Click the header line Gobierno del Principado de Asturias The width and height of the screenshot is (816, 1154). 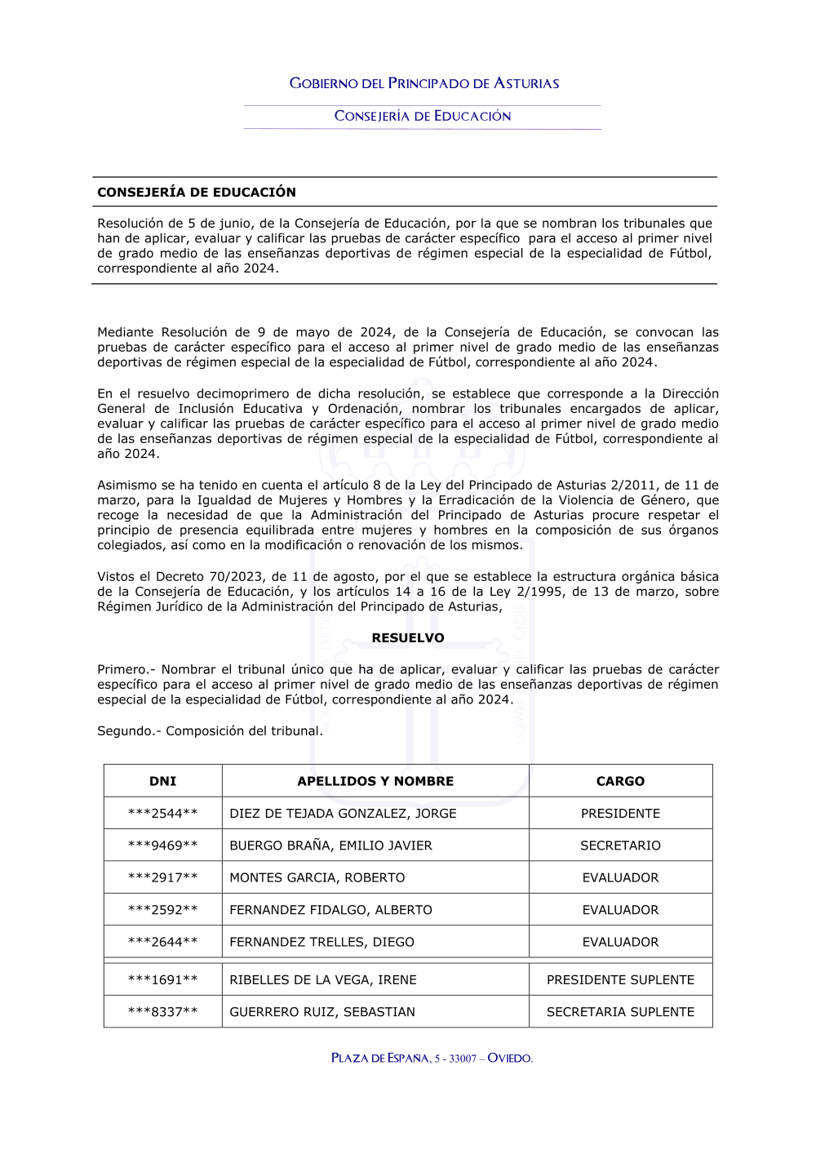pos(424,83)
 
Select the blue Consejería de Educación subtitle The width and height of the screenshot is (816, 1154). pos(423,116)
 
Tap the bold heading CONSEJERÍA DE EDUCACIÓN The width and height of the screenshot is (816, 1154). pos(197,193)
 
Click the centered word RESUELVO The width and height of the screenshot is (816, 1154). pos(408,638)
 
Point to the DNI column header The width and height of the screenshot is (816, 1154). pos(163,781)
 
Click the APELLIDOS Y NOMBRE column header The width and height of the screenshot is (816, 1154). pos(375,781)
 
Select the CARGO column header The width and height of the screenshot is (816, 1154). pos(620,781)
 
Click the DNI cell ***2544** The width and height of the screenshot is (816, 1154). pos(163,814)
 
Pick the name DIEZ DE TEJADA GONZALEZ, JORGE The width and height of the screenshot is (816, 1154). pos(343,814)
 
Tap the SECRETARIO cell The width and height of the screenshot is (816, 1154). pos(620,846)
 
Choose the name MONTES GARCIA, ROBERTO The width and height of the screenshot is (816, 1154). pos(317,878)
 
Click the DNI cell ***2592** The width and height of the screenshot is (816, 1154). pos(163,910)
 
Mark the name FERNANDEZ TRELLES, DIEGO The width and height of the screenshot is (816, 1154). pos(322,942)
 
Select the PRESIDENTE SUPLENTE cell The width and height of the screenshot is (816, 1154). pos(620,980)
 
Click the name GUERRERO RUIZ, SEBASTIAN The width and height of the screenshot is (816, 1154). pos(322,1012)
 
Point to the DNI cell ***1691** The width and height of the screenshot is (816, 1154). pos(163,980)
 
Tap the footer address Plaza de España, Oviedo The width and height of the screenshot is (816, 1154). pos(432,1059)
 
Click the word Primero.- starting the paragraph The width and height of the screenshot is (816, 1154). pos(126,670)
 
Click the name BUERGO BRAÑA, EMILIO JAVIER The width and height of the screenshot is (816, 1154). pos(330,846)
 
